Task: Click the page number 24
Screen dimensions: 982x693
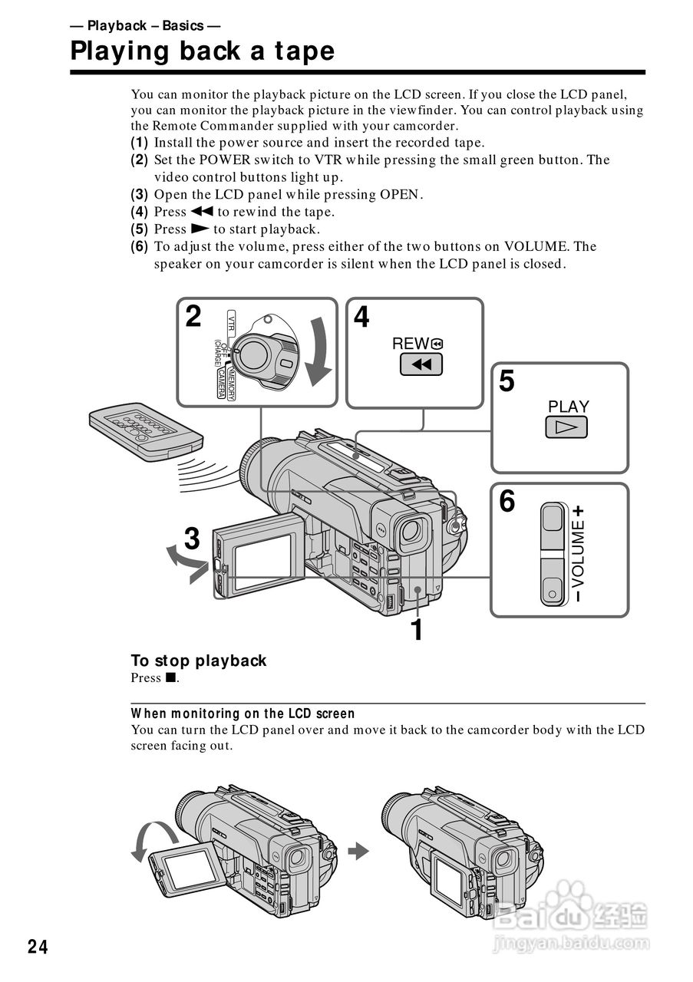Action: tap(38, 947)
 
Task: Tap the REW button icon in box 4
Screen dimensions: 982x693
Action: tap(421, 364)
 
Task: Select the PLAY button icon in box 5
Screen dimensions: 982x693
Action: tap(566, 427)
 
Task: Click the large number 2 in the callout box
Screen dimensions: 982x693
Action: tap(193, 316)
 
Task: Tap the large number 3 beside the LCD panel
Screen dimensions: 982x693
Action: tap(192, 539)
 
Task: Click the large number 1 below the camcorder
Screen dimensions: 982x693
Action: tap(417, 631)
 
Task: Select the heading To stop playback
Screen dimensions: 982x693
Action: tap(198, 661)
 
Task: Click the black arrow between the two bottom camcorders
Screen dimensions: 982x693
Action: tap(358, 850)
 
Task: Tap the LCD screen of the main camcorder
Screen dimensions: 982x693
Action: tap(262, 562)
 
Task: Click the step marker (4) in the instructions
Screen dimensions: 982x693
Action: tap(139, 212)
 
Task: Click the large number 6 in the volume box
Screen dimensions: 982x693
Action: tap(507, 503)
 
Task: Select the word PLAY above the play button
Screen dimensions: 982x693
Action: tap(568, 406)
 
